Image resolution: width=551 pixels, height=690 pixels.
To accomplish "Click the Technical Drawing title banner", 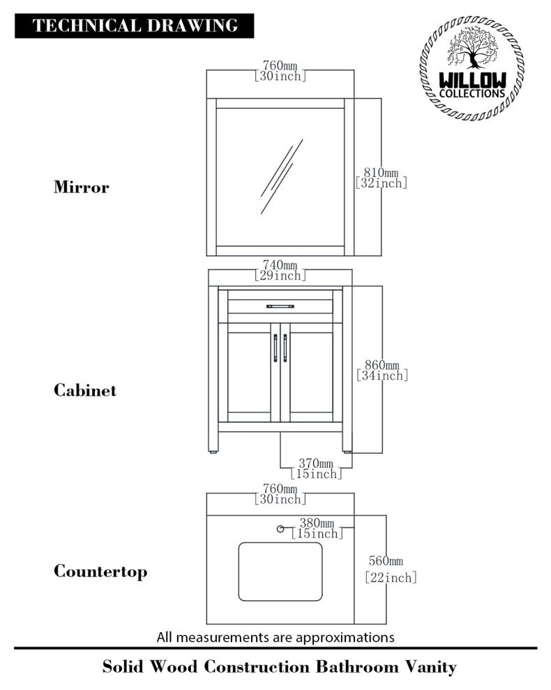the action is (135, 26).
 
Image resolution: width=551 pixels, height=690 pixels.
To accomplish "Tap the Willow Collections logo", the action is (471, 68).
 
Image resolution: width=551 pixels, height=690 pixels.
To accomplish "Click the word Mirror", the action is (82, 187).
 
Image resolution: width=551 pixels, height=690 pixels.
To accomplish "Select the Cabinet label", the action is (85, 390).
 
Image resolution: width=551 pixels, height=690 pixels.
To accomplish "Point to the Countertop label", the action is (100, 572).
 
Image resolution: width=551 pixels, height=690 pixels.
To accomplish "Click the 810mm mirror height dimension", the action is (381, 178).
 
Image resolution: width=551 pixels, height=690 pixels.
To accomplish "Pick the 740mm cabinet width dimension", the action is (280, 270).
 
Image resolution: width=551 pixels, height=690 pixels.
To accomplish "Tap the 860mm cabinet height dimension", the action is (382, 370).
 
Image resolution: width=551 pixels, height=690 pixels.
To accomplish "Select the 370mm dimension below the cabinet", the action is (316, 468).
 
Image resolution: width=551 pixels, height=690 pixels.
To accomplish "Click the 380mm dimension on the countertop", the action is (317, 528).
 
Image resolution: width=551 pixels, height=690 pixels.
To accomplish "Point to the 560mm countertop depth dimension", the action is (391, 569).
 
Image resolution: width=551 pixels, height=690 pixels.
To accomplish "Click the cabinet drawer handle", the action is (280, 306).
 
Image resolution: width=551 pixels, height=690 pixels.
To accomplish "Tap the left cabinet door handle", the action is (275, 348).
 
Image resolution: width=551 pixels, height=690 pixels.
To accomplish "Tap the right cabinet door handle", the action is (285, 348).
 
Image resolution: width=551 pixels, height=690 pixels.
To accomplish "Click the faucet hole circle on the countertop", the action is (280, 529).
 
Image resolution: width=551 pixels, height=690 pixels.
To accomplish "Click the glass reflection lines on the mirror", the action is (282, 176).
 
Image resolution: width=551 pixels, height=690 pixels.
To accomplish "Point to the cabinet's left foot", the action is (213, 451).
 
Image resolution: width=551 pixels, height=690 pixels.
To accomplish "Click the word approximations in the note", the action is (345, 638).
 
